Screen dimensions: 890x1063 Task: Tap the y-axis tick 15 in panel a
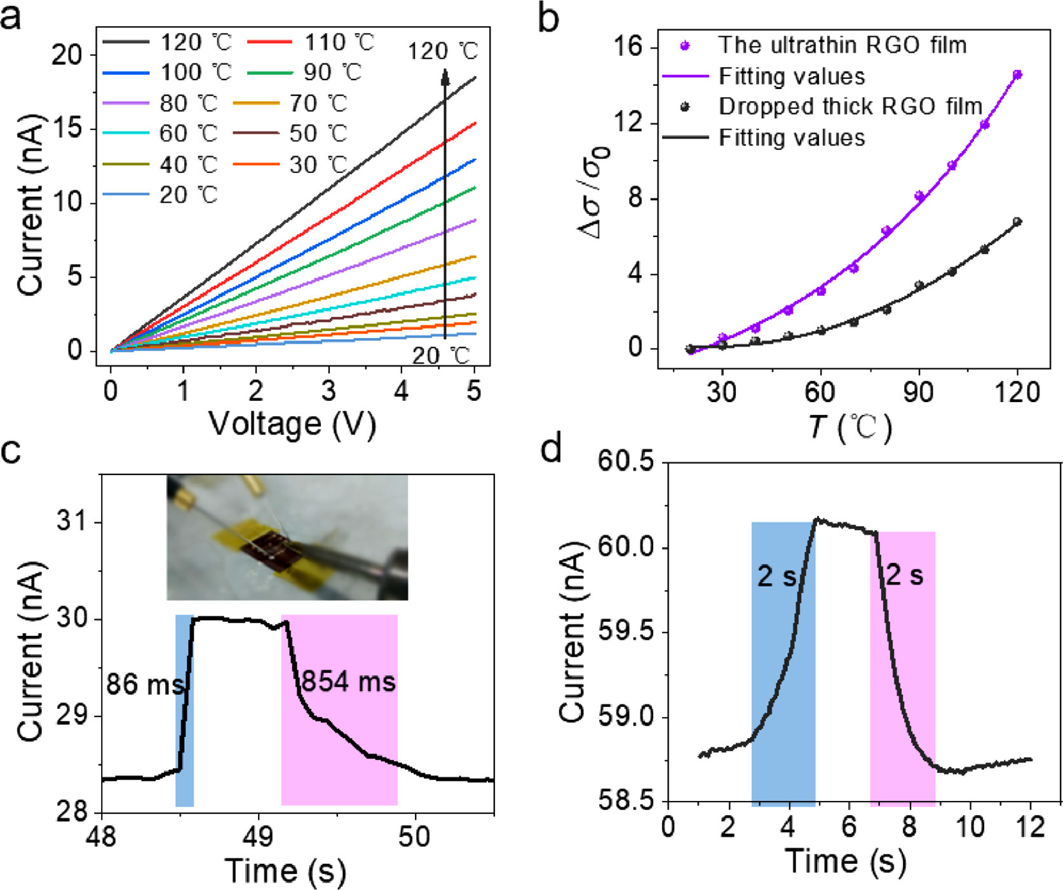[x=67, y=129]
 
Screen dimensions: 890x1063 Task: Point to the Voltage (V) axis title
[x=292, y=424]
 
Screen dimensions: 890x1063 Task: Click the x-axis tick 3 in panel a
[x=328, y=391]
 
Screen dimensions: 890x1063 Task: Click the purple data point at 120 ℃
[x=1017, y=75]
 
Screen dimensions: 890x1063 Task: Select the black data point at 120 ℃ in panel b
[x=1017, y=222]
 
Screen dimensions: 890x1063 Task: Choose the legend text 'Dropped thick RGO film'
[x=850, y=107]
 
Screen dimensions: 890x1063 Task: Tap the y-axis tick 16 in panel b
[x=628, y=47]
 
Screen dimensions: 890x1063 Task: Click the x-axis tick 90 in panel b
[x=918, y=393]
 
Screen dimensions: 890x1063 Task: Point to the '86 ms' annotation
[x=144, y=685]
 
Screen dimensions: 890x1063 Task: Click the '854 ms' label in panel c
[x=348, y=682]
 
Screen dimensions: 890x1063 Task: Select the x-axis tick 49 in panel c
[x=259, y=837]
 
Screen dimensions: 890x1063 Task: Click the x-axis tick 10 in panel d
[x=970, y=827]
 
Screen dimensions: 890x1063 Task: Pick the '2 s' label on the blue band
[x=776, y=576]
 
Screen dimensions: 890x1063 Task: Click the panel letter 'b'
[x=548, y=19]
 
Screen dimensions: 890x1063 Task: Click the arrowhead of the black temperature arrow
[x=445, y=77]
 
